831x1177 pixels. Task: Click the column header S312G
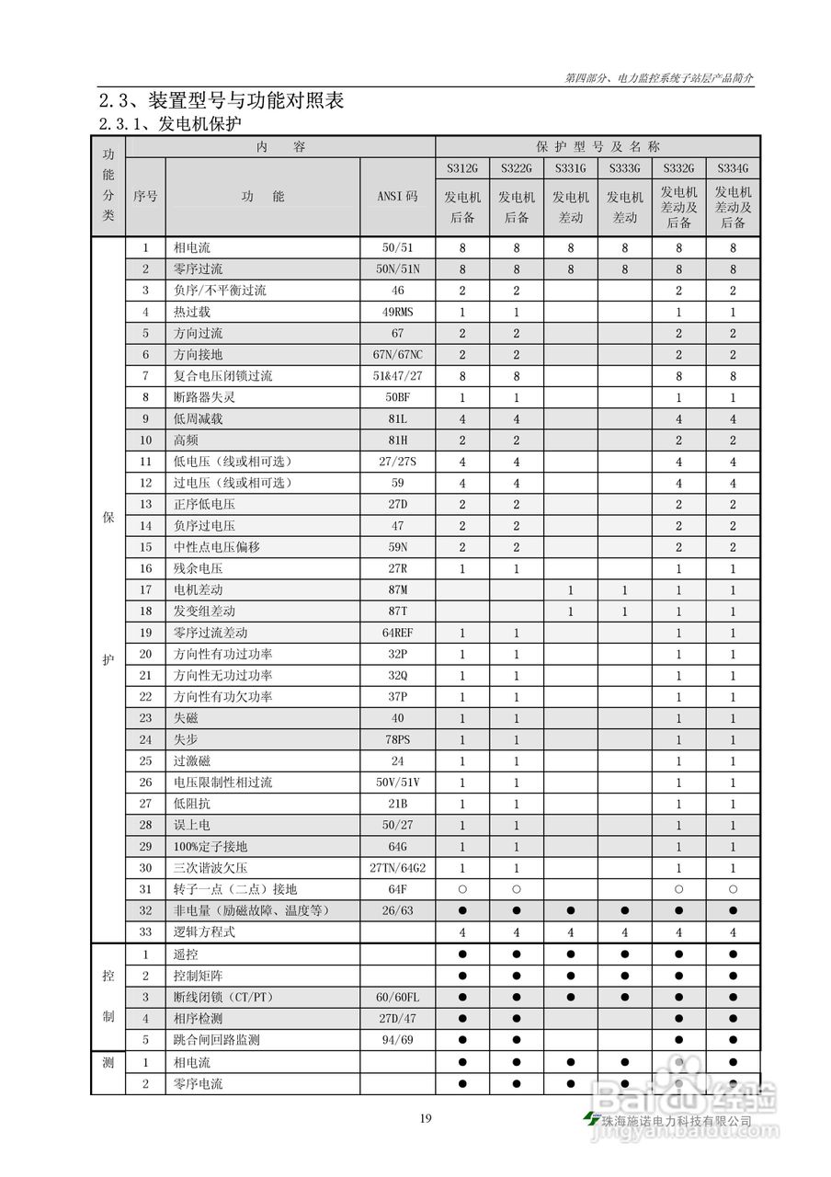[x=462, y=169]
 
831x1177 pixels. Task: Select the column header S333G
[x=624, y=169]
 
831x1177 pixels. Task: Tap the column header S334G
[x=733, y=169]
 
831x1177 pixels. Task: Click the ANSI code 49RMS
[x=397, y=313]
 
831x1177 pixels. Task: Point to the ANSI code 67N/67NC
[x=397, y=355]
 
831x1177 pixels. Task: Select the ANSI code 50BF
[x=397, y=398]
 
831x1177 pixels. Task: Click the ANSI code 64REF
[x=397, y=634]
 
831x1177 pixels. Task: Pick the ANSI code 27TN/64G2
[x=397, y=868]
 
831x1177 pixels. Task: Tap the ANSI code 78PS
[x=397, y=740]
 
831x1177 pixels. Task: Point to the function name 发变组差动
[x=204, y=611]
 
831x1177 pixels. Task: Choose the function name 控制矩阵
[x=198, y=976]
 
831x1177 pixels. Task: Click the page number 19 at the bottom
[x=425, y=1119]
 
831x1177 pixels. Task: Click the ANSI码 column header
[x=397, y=197]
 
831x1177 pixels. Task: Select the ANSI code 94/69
[x=397, y=1040]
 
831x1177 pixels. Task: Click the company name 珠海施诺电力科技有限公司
[x=675, y=1121]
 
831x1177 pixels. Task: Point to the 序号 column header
[x=145, y=197]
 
